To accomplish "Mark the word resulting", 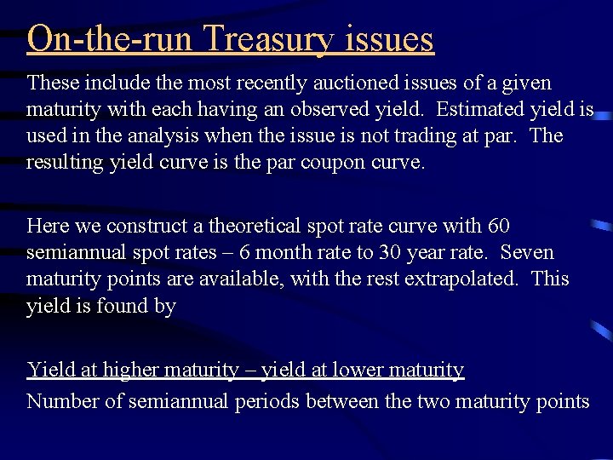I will pos(66,163).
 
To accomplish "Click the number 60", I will pos(499,227).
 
